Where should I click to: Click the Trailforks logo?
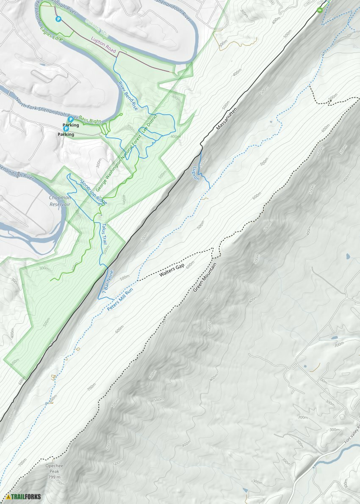pos(24,496)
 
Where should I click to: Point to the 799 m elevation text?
pos(55,477)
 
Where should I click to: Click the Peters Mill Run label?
pos(121,300)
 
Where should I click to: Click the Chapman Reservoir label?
pos(59,201)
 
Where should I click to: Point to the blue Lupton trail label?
pos(196,173)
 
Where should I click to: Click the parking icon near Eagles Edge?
pos(58,19)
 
